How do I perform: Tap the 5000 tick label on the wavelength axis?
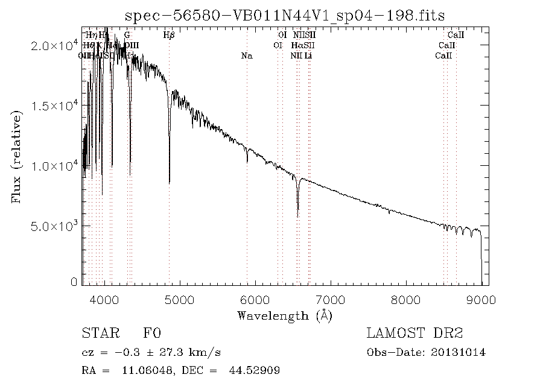coord(180,299)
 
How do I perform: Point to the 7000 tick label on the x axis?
coord(331,299)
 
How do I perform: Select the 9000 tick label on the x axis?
coord(481,299)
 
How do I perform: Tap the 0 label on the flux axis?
coord(74,282)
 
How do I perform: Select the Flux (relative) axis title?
coord(16,154)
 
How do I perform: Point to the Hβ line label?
coord(170,36)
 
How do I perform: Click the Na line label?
coord(246,56)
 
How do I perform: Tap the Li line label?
coord(308,56)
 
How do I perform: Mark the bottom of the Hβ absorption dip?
coord(170,182)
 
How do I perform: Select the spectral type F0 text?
coord(152,334)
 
